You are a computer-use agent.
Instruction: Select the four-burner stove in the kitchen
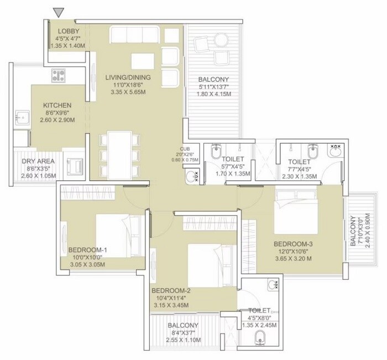click(59, 76)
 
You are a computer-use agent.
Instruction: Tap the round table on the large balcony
click(222, 39)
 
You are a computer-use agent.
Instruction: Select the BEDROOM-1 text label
click(87, 250)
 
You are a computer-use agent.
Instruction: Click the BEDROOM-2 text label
click(170, 290)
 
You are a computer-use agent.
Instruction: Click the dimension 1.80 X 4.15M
click(213, 95)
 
